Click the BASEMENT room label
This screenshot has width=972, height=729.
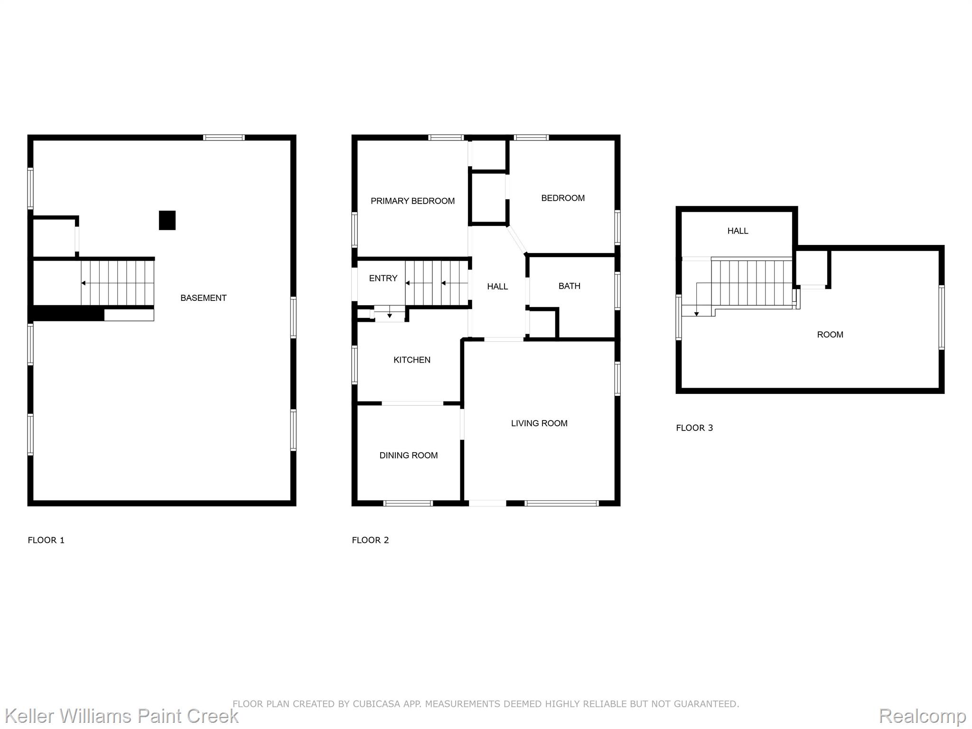203,298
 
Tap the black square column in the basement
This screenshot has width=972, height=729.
167,220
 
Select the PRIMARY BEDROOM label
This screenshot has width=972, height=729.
412,201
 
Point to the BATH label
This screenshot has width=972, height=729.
569,286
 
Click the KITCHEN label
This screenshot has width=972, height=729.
412,360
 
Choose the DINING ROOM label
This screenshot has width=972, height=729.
408,456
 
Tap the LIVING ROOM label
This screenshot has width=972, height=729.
539,423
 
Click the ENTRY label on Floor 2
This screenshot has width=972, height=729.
383,279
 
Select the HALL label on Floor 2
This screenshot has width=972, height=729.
497,287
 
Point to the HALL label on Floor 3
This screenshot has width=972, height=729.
738,231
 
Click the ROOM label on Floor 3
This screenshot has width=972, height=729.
830,335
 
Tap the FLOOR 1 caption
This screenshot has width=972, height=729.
46,540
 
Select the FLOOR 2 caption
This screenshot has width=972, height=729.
370,540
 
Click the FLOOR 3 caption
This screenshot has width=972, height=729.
694,428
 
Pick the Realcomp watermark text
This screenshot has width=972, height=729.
922,716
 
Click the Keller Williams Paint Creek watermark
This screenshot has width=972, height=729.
121,716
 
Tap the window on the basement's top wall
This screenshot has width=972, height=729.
224,138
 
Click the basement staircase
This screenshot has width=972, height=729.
117,283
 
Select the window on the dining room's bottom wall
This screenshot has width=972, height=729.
408,503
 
